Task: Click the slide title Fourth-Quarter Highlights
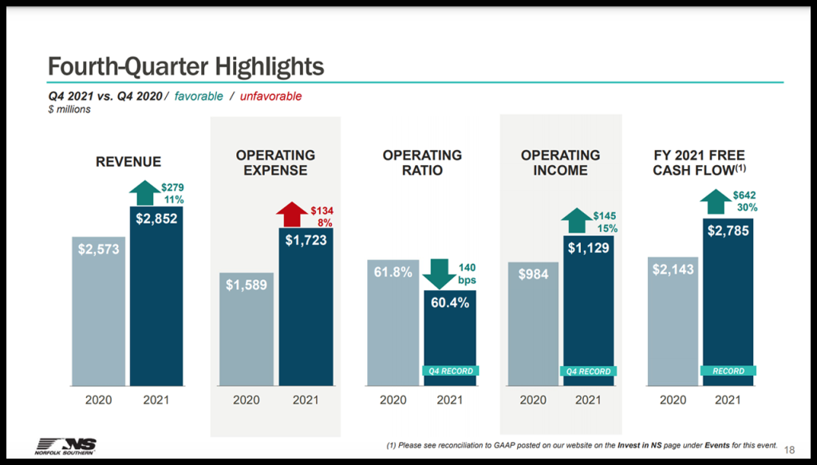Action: coord(185,65)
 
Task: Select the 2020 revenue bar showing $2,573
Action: coord(98,311)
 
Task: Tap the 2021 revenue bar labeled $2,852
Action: coord(156,295)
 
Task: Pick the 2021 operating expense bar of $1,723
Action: coord(305,307)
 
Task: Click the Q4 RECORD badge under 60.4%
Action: coord(450,371)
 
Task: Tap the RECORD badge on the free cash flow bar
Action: coord(728,371)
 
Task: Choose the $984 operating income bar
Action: coord(533,323)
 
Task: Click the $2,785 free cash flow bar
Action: coord(728,299)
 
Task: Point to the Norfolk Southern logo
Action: coord(66,446)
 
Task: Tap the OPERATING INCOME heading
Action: coord(560,163)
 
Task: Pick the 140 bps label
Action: coord(468,274)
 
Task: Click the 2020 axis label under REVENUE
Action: coord(98,400)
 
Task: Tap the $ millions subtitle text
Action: coord(69,109)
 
